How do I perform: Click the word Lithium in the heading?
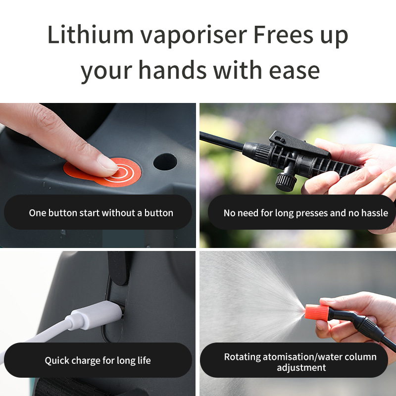click(x=91, y=34)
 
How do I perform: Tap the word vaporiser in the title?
click(x=194, y=36)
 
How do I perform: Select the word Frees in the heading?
click(x=283, y=34)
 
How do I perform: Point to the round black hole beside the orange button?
click(x=165, y=162)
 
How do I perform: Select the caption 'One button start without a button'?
click(x=101, y=213)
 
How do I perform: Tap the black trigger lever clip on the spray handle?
click(x=299, y=144)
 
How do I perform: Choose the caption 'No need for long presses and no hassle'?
click(x=305, y=213)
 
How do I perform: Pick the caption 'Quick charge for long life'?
click(x=98, y=360)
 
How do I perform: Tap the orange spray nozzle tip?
click(x=317, y=313)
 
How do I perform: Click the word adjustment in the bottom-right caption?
click(x=301, y=368)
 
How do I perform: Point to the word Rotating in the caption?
click(x=242, y=357)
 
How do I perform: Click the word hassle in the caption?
click(x=375, y=213)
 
